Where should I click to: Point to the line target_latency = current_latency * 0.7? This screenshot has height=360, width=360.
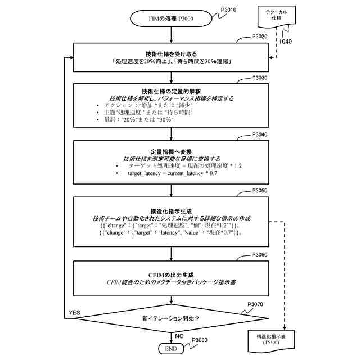(169, 174)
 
